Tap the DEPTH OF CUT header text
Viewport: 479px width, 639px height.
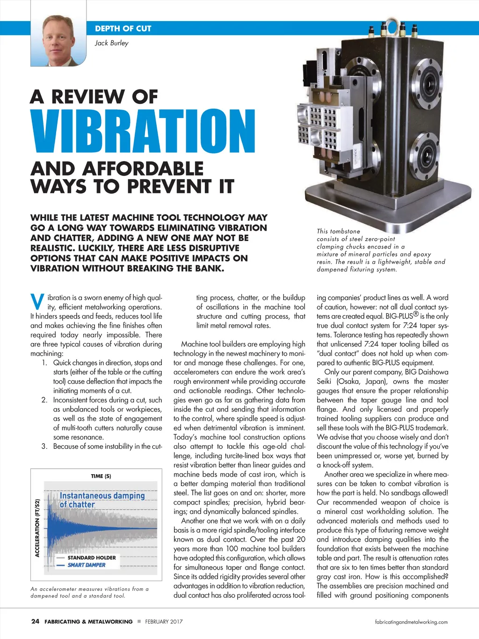(123, 29)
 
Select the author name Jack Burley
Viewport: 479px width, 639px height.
(111, 43)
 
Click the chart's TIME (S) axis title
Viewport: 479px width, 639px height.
(101, 476)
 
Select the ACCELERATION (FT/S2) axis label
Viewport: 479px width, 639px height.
(37, 528)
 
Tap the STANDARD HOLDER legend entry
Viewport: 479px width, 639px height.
(91, 558)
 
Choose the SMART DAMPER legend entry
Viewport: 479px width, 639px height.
(87, 565)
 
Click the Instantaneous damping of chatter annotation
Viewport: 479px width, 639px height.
(102, 499)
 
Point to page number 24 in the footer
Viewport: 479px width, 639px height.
(35, 621)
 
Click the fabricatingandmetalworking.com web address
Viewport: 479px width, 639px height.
(411, 622)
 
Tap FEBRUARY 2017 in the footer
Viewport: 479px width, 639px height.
(164, 622)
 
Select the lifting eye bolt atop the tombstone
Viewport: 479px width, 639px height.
(389, 25)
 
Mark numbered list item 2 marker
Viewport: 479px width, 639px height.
(44, 400)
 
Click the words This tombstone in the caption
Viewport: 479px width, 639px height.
(338, 231)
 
